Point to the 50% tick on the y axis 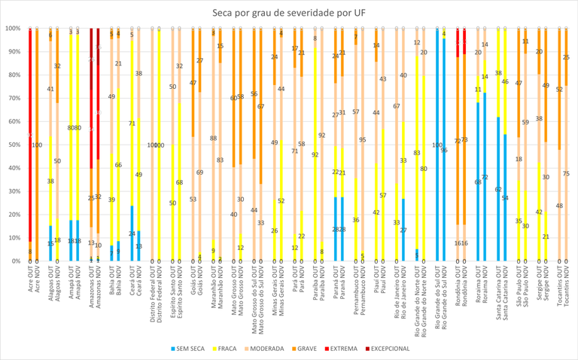click(13, 145)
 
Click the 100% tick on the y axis click(12, 29)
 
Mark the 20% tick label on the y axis click(13, 215)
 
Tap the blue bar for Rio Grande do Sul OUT click(437, 145)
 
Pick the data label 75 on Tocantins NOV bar click(566, 174)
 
